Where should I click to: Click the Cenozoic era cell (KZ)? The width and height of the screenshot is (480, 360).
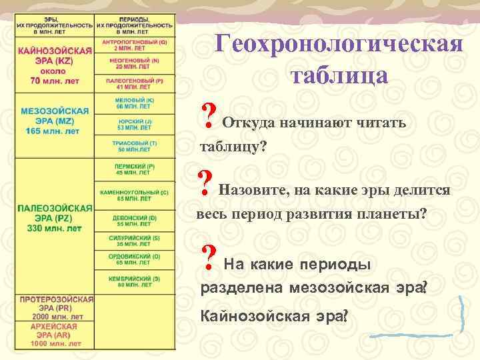55,65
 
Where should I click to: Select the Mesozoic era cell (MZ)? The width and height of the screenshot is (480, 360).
55,121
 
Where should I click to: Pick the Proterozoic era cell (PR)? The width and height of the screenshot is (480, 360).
55,308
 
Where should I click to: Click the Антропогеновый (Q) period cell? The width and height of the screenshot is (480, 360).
135,45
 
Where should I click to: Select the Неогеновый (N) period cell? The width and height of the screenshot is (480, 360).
135,64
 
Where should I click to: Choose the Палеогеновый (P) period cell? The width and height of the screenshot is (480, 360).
135,84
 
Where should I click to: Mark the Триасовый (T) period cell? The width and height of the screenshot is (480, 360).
135,146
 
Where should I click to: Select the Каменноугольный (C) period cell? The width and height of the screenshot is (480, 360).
135,195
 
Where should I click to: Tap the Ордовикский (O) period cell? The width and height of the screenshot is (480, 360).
135,260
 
